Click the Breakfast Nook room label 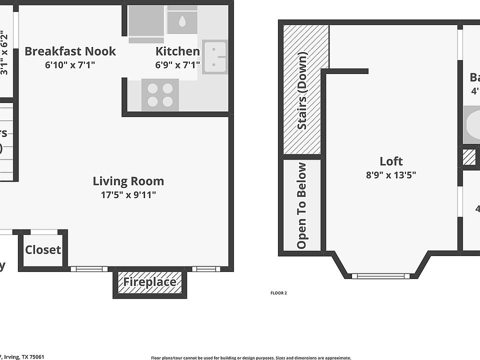click(70, 51)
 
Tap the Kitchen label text click(177, 51)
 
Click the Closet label click(43, 250)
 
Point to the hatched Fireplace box click(150, 282)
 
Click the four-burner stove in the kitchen click(160, 95)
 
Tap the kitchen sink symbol click(215, 57)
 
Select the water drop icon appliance click(182, 21)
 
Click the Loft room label click(391, 161)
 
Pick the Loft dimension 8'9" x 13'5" click(391, 175)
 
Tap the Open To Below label click(301, 205)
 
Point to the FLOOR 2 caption click(278, 293)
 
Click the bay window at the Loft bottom click(381, 275)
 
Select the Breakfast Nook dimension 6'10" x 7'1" click(70, 64)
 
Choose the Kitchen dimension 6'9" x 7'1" click(177, 64)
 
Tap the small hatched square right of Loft click(469, 157)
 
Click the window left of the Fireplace click(88, 269)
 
